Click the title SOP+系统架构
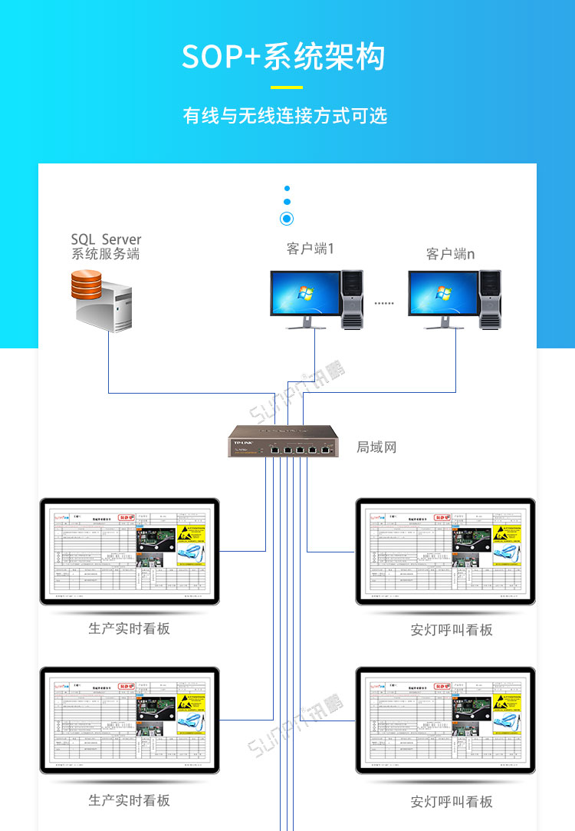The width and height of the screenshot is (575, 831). pos(284,57)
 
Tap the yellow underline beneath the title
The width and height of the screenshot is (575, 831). pos(287,87)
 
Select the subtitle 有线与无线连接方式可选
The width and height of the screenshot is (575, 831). pos(285,116)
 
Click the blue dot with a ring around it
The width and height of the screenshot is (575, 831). pos(287,219)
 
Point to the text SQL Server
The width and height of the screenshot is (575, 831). pos(106,239)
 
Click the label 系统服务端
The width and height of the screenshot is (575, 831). pos(106,255)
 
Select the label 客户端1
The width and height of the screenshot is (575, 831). pos(310,249)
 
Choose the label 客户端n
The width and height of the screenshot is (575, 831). pos(450,254)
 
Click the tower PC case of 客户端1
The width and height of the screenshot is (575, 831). pos(352,299)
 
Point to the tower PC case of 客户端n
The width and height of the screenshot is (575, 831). pos(491,299)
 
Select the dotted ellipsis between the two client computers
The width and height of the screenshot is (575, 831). pos(384,303)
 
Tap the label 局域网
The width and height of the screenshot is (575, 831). pos(376,447)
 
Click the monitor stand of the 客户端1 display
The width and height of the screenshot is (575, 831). pos(305,323)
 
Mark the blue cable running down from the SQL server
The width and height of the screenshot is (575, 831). pos(109,361)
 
